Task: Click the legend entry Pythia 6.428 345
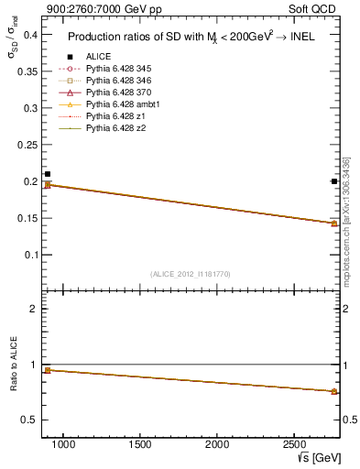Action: (114, 69)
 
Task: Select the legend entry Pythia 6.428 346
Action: (114, 81)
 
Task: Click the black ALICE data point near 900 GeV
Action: (48, 174)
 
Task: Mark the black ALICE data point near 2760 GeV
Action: (334, 181)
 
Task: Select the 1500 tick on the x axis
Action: (140, 444)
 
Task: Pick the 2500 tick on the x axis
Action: (294, 444)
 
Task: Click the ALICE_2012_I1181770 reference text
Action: (191, 273)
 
